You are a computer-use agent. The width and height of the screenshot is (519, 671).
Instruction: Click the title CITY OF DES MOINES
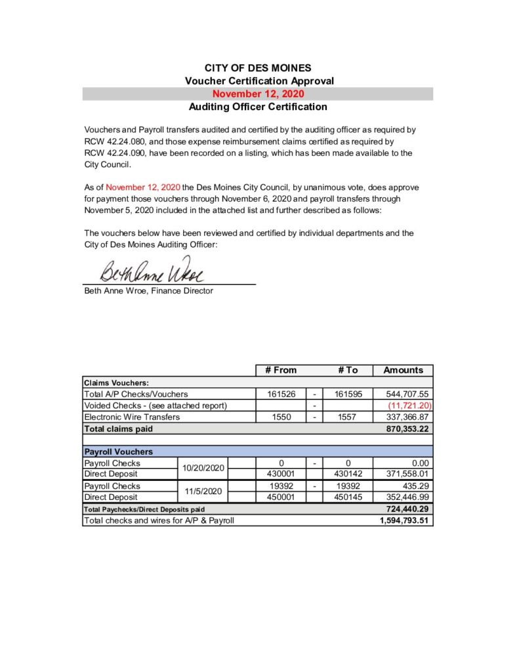pos(258,67)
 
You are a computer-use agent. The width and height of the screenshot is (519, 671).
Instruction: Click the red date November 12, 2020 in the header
pos(258,94)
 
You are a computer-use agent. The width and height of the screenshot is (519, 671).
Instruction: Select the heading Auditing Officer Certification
pos(258,106)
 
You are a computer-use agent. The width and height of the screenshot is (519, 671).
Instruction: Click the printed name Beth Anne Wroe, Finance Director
pos(148,291)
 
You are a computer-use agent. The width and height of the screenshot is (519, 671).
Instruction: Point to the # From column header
pos(281,370)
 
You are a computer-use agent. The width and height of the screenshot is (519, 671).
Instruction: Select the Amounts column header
pos(403,370)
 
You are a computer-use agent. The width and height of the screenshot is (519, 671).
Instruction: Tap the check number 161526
pos(281,394)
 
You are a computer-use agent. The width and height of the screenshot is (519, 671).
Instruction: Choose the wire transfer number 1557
pos(347,417)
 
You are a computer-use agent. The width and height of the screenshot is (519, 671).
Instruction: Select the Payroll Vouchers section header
pos(119,451)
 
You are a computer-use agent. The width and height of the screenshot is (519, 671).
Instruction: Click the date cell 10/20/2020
pos(203,468)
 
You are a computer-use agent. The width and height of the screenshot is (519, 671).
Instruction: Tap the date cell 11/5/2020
pos(203,491)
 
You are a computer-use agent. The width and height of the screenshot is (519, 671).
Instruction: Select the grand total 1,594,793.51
pos(403,521)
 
